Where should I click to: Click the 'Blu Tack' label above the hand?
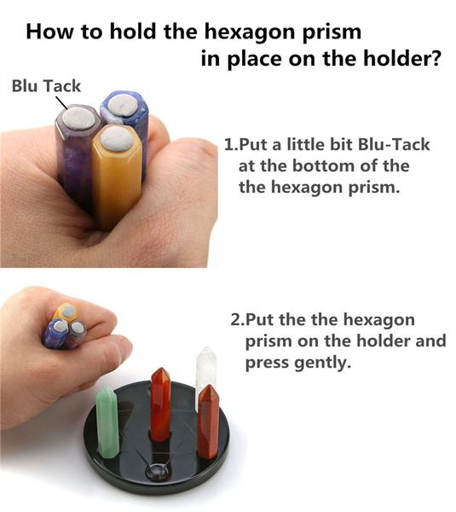coord(46,86)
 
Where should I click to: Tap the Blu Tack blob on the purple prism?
coord(78,118)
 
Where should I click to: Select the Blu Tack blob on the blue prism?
coord(123,105)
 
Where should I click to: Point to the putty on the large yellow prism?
coord(117,139)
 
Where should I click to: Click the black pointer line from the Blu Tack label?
coord(61,103)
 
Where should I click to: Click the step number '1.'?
coord(231,145)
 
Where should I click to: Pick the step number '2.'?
coord(237,320)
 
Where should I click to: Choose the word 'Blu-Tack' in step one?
coord(394,145)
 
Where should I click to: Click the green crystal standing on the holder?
coord(108,422)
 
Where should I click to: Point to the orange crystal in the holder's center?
coord(161,404)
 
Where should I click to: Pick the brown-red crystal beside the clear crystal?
coord(209,422)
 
